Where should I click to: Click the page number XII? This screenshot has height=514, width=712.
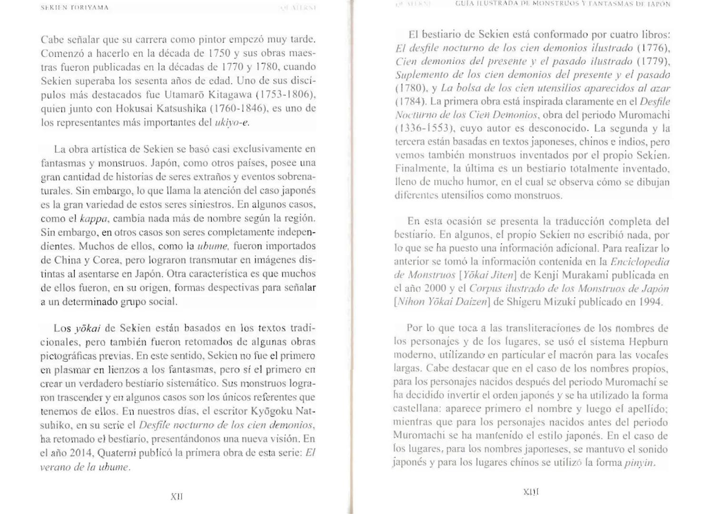[x=177, y=496]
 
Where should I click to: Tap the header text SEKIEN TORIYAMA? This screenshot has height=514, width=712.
[x=75, y=8]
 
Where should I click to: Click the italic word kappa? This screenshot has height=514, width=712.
[x=95, y=219]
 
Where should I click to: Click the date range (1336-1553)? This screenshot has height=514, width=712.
[x=422, y=128]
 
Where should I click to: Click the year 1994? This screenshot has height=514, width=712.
[x=650, y=302]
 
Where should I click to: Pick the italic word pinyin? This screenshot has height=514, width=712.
[x=640, y=463]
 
